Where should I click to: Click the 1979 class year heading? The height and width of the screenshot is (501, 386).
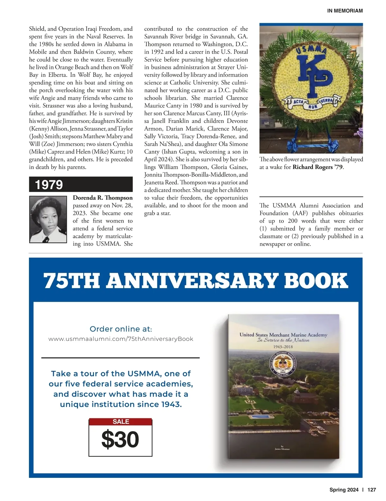click(49, 185)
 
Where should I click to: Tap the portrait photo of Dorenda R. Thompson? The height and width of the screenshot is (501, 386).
click(50, 219)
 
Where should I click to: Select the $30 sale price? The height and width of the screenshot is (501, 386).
click(120, 439)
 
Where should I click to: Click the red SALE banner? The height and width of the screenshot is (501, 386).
click(121, 422)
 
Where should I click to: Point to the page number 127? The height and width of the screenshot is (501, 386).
click(372, 490)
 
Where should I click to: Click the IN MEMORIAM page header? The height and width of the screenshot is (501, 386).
click(345, 11)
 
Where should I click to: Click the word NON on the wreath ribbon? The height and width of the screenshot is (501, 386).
click(311, 106)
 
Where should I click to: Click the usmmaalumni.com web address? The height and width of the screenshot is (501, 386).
click(121, 339)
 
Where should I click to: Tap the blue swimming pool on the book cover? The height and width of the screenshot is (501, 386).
click(261, 417)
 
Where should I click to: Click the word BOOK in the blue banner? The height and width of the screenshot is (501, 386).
click(316, 280)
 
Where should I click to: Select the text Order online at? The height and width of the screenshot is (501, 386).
click(121, 329)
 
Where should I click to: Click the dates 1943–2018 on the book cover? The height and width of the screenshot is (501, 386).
click(283, 347)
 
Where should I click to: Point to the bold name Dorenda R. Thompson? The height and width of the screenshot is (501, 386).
click(103, 198)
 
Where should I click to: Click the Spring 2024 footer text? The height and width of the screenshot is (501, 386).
click(344, 490)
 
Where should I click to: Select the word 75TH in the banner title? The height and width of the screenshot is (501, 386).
click(71, 280)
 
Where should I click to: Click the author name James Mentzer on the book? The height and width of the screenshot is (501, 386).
click(282, 449)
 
